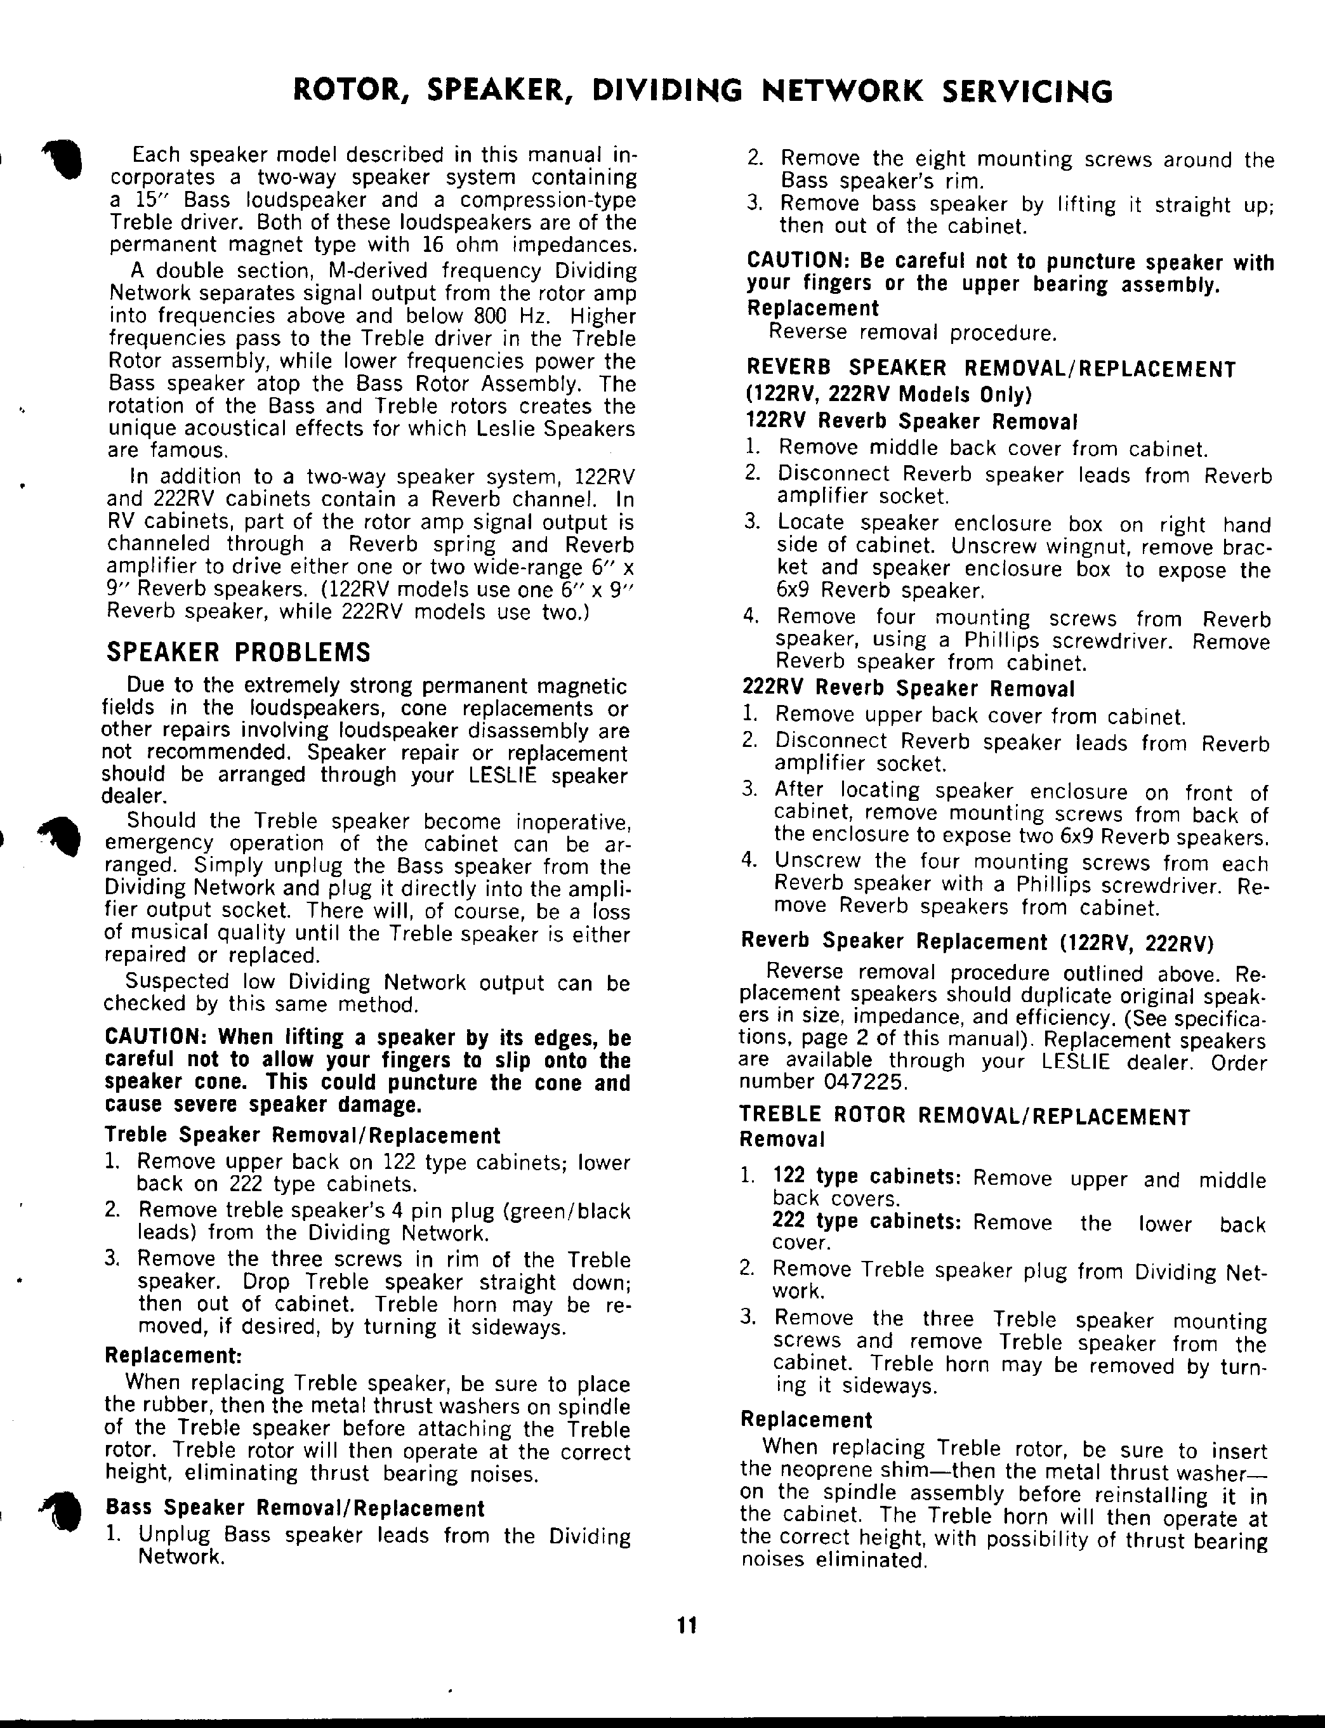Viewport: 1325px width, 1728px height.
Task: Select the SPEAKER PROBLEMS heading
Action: pyautogui.click(x=238, y=653)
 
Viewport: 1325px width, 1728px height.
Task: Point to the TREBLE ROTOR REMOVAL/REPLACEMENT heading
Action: pyautogui.click(x=965, y=1117)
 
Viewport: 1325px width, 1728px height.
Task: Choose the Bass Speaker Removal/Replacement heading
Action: pyautogui.click(x=295, y=1508)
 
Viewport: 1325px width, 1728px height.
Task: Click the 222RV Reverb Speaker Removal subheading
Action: pyautogui.click(x=908, y=689)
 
